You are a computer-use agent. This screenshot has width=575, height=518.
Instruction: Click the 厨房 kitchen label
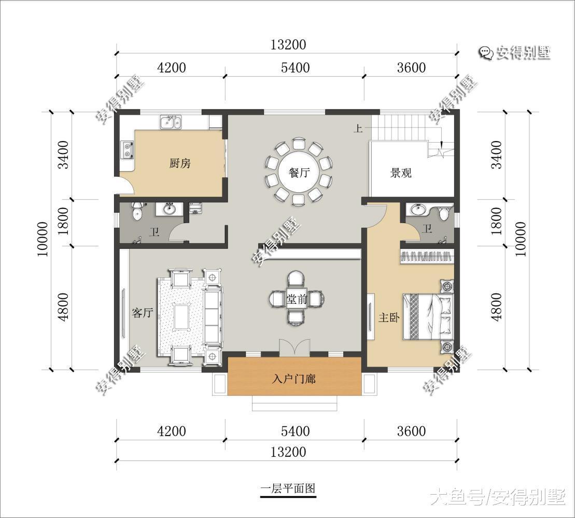(180, 163)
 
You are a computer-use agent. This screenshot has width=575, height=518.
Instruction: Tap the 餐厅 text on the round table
(299, 173)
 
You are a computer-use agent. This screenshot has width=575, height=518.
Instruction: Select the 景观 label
(401, 173)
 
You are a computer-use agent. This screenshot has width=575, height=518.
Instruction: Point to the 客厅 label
(142, 313)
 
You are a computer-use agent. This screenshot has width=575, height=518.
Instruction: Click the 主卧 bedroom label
(388, 317)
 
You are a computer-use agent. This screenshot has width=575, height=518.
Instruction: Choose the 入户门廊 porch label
(294, 379)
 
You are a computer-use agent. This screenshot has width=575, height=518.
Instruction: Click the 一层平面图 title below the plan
(288, 488)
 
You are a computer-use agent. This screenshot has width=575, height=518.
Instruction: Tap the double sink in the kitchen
(171, 122)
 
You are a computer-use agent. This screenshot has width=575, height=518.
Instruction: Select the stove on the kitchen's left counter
(127, 149)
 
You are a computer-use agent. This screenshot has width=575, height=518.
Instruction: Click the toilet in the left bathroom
(137, 212)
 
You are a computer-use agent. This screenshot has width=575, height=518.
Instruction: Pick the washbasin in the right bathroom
(417, 209)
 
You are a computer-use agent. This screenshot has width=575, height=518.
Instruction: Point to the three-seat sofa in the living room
(213, 316)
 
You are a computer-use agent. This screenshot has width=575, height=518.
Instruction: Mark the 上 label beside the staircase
(358, 128)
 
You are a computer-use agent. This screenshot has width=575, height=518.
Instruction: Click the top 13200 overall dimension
(288, 45)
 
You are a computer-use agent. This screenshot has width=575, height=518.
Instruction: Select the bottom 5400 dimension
(294, 431)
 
